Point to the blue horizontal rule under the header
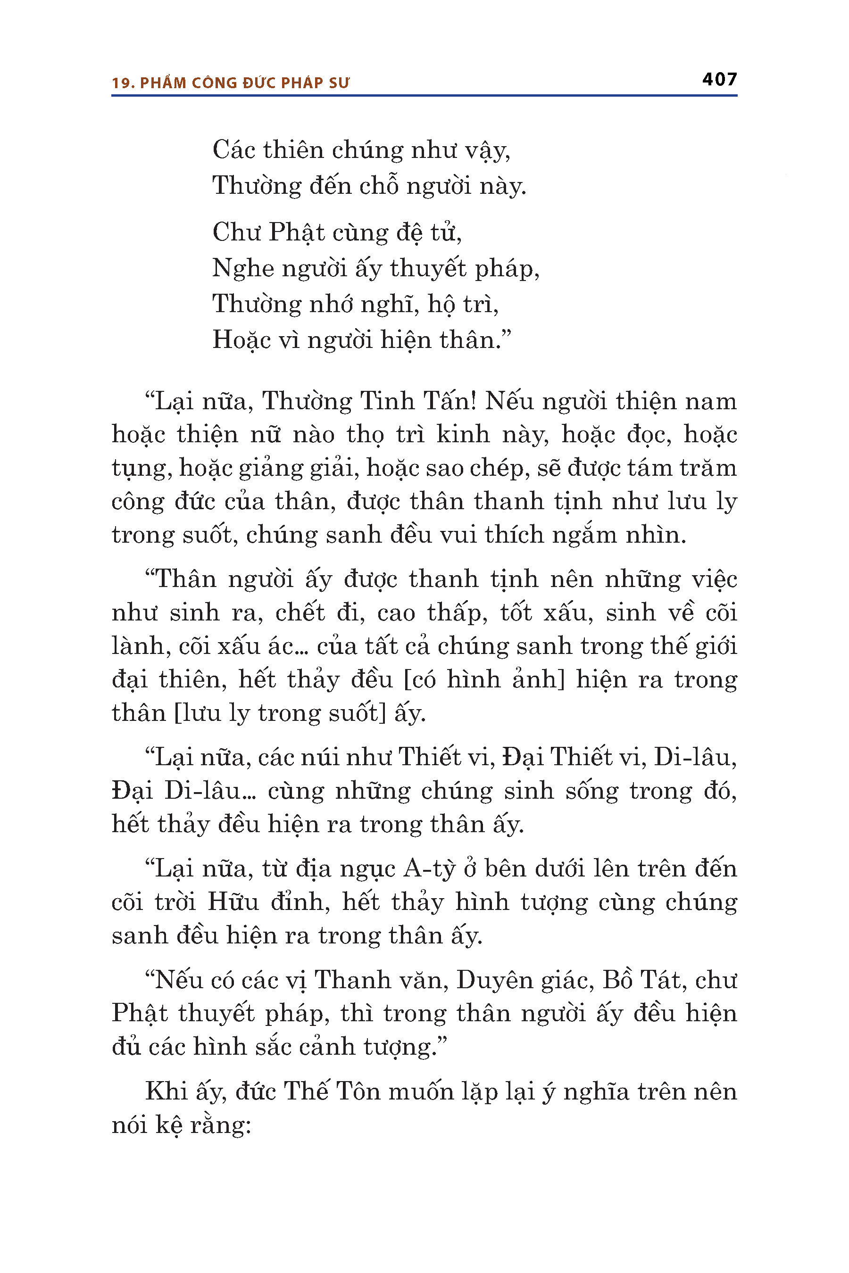(x=424, y=96)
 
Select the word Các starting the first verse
(x=233, y=150)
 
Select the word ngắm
(x=585, y=535)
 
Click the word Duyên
(x=495, y=980)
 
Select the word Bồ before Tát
(x=617, y=980)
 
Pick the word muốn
(x=421, y=1091)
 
